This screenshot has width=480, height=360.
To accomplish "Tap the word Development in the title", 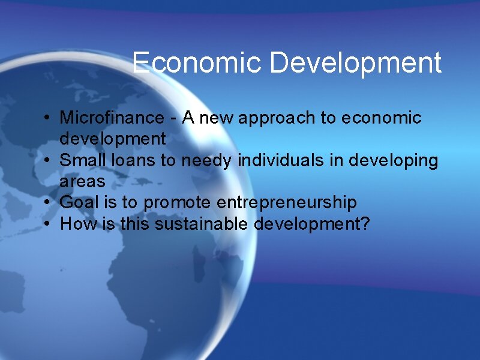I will point(356,63).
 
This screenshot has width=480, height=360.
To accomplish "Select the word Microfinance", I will point(112,118).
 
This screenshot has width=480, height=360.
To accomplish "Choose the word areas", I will point(82,182).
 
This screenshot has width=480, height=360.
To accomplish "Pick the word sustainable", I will point(202,224).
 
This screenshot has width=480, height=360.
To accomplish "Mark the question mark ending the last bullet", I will point(365,224).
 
